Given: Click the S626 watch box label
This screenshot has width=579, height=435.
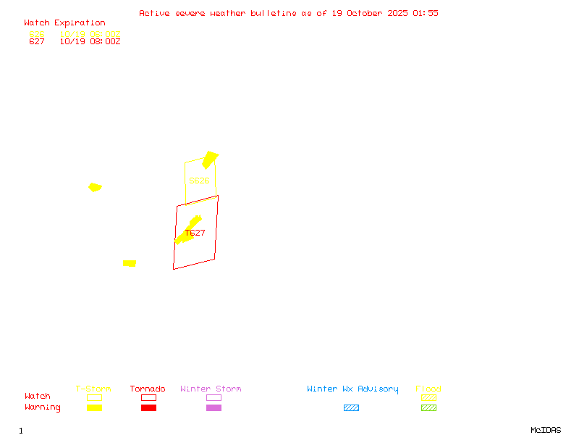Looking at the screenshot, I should (199, 181).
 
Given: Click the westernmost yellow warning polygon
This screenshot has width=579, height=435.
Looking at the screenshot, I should (95, 187).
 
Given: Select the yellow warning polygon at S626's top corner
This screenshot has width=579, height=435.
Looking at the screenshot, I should (210, 159).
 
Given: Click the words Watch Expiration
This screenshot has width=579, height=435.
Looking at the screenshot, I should (64, 22).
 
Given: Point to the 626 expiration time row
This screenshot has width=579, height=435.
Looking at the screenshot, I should (74, 34).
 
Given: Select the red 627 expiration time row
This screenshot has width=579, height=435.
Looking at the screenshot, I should (74, 42).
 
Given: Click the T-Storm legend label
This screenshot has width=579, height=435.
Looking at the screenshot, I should (93, 389).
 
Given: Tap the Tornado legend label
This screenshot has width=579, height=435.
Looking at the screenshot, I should (148, 389).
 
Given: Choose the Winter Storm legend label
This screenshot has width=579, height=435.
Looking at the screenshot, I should (211, 389).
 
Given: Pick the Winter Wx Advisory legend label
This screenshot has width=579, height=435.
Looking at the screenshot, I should (352, 389).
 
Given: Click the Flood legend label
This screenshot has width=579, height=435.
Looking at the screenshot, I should (428, 389).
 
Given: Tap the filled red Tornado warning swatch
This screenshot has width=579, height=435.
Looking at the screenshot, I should (148, 407).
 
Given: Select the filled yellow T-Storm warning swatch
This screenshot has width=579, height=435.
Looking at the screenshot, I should (94, 407).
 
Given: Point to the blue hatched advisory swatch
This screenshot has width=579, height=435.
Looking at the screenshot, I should (351, 407).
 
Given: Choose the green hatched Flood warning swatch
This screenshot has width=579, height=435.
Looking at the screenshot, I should (428, 407).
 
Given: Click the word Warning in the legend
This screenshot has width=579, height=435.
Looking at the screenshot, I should (42, 407).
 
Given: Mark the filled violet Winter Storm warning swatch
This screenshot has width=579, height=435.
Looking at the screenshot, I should (214, 407).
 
